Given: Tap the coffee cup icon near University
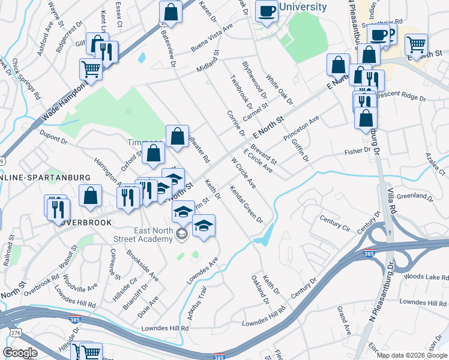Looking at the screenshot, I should click(x=267, y=10).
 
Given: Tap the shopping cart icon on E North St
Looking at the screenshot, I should click(x=416, y=44).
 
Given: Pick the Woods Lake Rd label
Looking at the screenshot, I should click(x=426, y=277).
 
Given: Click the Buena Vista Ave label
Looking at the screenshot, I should click(x=212, y=33).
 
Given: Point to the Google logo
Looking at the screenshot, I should click(x=20, y=353).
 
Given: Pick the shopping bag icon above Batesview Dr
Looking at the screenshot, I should click(x=170, y=12).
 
